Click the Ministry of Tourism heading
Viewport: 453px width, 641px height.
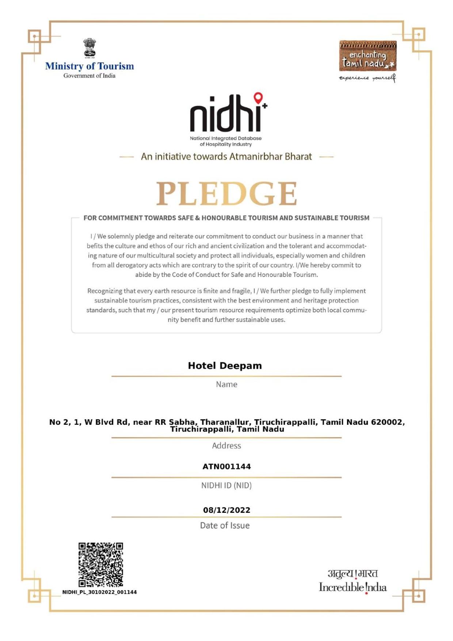click(90, 66)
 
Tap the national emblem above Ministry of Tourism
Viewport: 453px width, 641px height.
click(90, 48)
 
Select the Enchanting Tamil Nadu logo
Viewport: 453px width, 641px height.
click(368, 56)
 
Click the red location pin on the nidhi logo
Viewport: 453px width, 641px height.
click(258, 98)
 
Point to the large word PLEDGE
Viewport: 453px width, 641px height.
click(226, 193)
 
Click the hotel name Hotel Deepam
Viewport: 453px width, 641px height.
click(225, 366)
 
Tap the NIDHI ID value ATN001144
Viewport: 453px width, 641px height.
click(226, 466)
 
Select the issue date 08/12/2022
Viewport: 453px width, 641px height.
click(226, 510)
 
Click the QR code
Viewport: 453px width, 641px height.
click(101, 564)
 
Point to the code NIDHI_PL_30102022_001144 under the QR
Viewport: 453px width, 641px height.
click(99, 592)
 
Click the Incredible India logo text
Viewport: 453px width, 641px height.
click(353, 587)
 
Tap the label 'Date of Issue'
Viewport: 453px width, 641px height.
click(225, 525)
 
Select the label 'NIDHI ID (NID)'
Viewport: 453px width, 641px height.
click(226, 485)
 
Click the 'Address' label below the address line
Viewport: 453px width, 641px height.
click(226, 446)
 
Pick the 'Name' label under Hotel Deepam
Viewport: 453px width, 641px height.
click(226, 384)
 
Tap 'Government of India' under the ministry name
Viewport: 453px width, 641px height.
click(90, 76)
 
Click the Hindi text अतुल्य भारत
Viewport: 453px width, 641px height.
click(353, 573)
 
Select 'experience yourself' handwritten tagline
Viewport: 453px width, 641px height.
click(367, 78)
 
